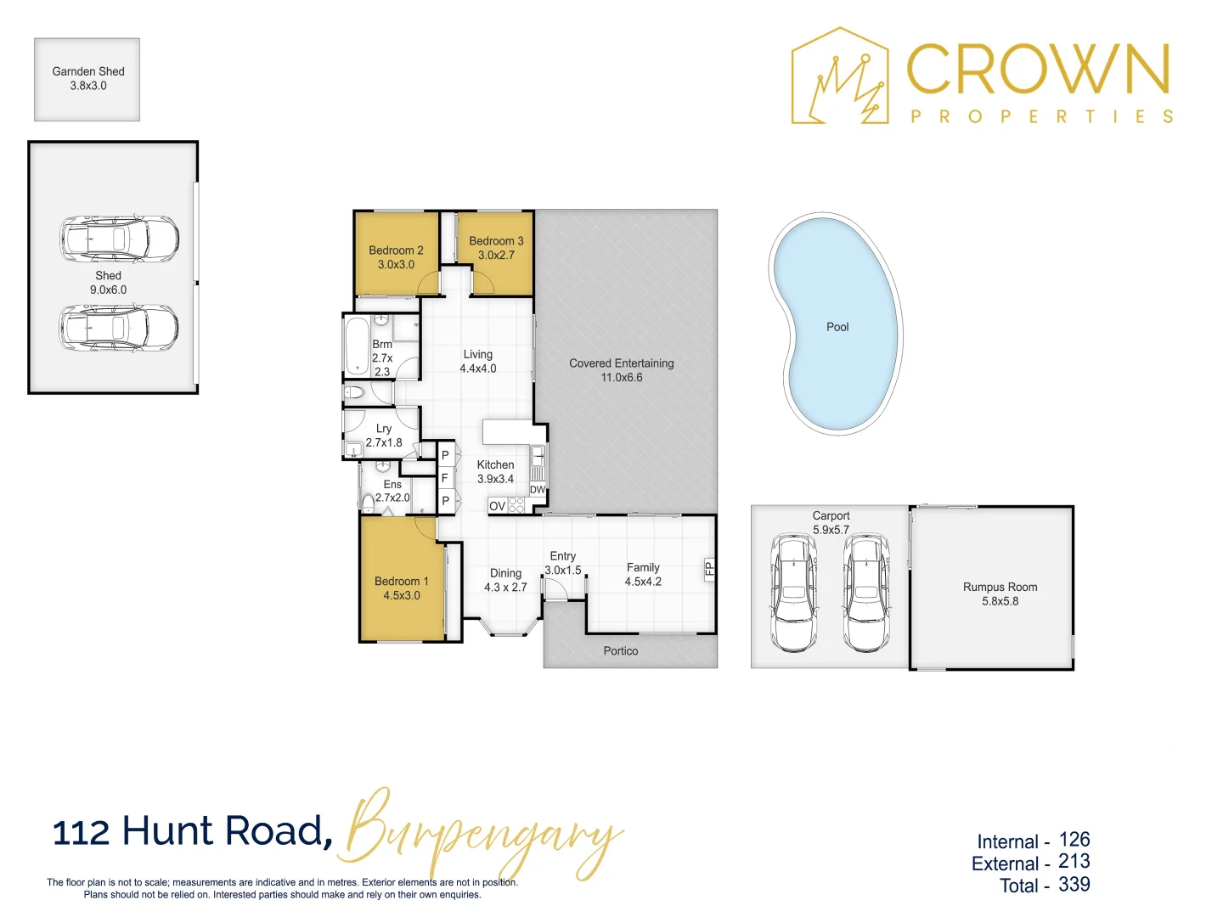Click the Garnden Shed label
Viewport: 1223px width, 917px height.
click(87, 78)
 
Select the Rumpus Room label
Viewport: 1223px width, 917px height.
click(1000, 594)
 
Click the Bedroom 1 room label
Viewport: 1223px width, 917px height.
click(402, 588)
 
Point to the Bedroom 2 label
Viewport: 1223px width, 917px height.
click(396, 257)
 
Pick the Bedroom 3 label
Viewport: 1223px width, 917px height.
click(496, 248)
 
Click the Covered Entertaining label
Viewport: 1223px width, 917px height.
click(622, 370)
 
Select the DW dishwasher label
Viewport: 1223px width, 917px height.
click(538, 490)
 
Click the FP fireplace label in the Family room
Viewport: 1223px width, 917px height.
click(709, 569)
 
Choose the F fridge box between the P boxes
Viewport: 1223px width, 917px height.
click(445, 478)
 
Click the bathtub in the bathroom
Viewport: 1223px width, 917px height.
click(357, 345)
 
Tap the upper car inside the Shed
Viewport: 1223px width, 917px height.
click(119, 238)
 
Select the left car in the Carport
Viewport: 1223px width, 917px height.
click(793, 592)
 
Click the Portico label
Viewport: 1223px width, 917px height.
click(621, 651)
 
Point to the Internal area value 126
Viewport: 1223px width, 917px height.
click(1074, 840)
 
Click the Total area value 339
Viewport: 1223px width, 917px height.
click(1074, 885)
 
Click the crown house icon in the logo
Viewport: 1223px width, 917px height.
click(839, 78)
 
